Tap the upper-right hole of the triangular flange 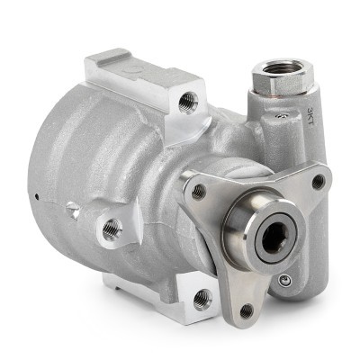point(318,181)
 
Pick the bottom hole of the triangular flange point(247,310)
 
